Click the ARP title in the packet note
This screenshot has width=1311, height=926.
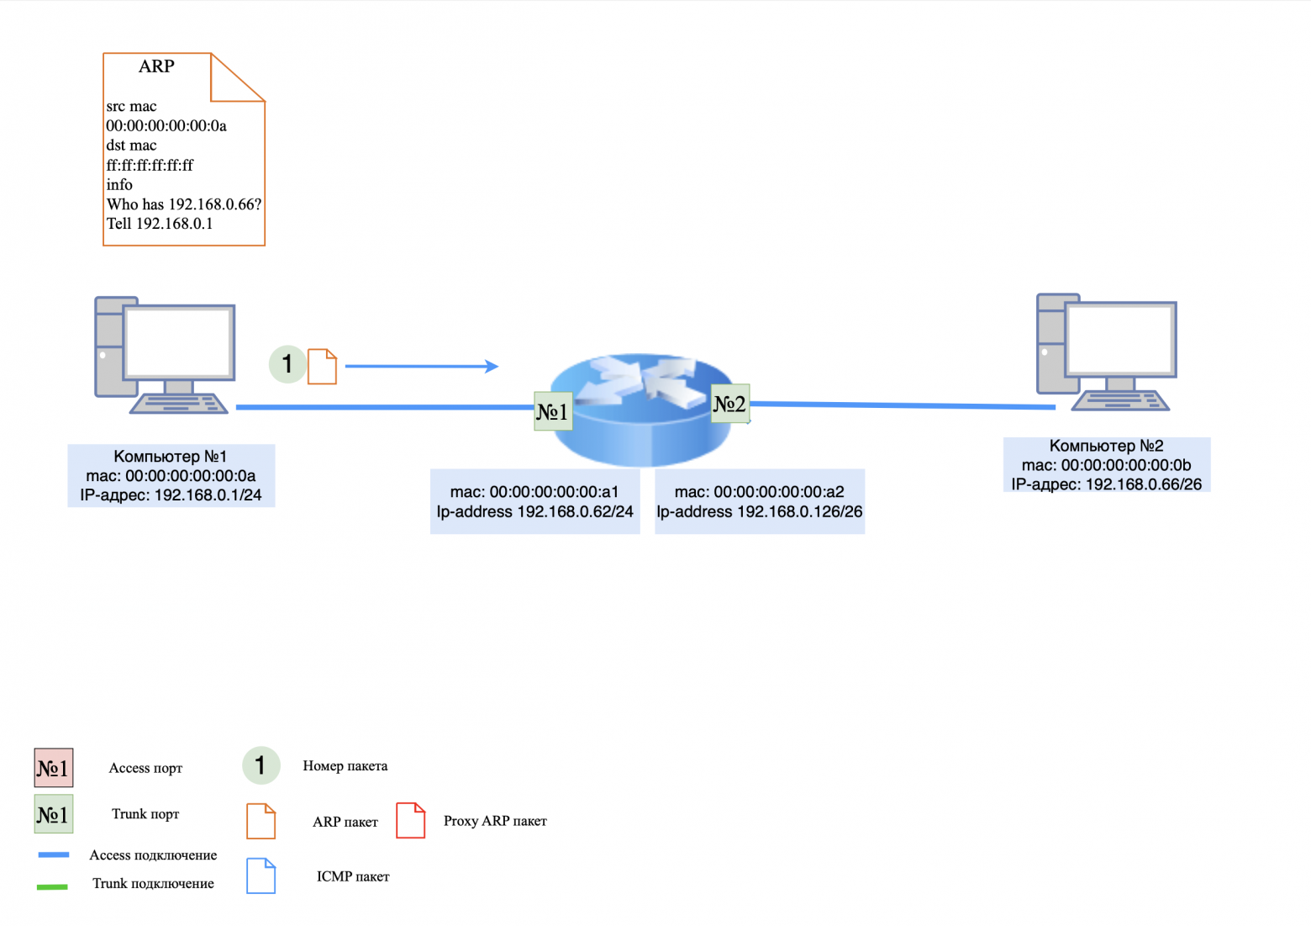(x=156, y=66)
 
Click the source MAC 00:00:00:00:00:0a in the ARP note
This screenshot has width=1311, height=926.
(x=166, y=126)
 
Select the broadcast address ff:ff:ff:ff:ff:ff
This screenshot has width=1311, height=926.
(x=150, y=166)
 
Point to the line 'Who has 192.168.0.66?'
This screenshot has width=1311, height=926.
(x=184, y=204)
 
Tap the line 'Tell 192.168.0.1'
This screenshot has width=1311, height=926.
(x=160, y=224)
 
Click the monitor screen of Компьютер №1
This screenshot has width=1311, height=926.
(x=178, y=342)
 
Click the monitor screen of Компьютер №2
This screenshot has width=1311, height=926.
(x=1119, y=339)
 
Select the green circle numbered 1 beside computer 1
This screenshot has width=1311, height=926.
(x=287, y=364)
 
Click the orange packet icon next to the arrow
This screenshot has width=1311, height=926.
(x=322, y=367)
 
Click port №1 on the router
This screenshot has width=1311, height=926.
(x=553, y=411)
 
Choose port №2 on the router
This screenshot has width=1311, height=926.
(x=729, y=404)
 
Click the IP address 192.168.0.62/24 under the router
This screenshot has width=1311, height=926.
(x=534, y=511)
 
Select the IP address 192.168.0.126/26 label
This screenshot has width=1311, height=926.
(x=760, y=511)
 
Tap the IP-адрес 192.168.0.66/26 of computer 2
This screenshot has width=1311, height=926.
(x=1106, y=484)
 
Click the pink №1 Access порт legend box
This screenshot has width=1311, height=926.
(x=54, y=768)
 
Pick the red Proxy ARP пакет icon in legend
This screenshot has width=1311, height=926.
(x=410, y=820)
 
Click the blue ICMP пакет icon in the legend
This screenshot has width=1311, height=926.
(x=261, y=876)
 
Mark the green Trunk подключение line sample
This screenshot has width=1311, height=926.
(x=52, y=886)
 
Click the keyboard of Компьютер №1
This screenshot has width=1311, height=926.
(x=179, y=404)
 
